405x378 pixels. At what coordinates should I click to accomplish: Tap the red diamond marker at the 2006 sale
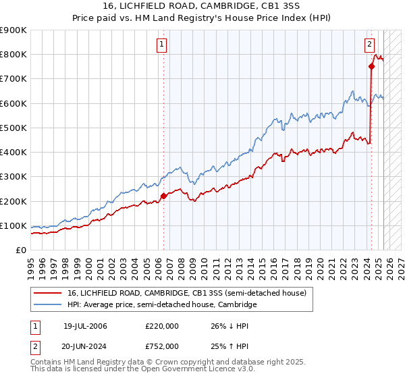pos(163,196)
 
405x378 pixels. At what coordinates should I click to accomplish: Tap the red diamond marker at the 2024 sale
pos(372,66)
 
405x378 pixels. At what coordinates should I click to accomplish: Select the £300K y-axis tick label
pos(13,177)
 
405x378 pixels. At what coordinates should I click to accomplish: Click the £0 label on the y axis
pos(20,250)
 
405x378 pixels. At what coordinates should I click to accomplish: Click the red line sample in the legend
pos(48,293)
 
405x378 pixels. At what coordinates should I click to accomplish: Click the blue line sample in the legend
pos(48,305)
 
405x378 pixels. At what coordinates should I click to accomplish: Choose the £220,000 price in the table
pos(162,326)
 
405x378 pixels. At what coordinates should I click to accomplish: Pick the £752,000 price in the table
pos(162,346)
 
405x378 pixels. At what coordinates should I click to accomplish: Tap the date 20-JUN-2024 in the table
pos(85,346)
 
